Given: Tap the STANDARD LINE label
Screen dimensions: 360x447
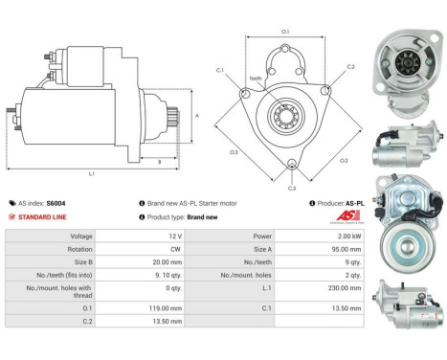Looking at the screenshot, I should point(42,216).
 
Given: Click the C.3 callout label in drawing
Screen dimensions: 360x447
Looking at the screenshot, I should point(293,189).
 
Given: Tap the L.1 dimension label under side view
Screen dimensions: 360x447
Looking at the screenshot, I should point(91,174).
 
